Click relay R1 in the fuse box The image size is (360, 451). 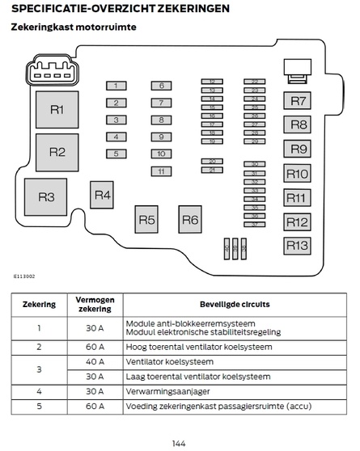pyautogui.click(x=57, y=110)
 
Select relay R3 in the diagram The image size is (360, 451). pyautogui.click(x=46, y=197)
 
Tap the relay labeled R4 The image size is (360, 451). pyautogui.click(x=102, y=195)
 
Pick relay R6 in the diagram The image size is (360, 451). pyautogui.click(x=189, y=219)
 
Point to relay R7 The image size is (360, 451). pyautogui.click(x=298, y=101)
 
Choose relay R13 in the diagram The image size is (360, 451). pyautogui.click(x=298, y=246)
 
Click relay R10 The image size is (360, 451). pyautogui.click(x=298, y=174)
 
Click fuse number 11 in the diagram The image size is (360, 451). pyautogui.click(x=161, y=171)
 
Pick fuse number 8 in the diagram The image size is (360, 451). pyautogui.click(x=161, y=120)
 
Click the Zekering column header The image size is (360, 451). pyautogui.click(x=39, y=305)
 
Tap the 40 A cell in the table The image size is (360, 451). pyautogui.click(x=95, y=361)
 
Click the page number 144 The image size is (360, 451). pyautogui.click(x=180, y=442)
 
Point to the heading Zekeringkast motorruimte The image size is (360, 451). pyautogui.click(x=73, y=27)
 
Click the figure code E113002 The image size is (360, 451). pyautogui.click(x=23, y=275)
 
